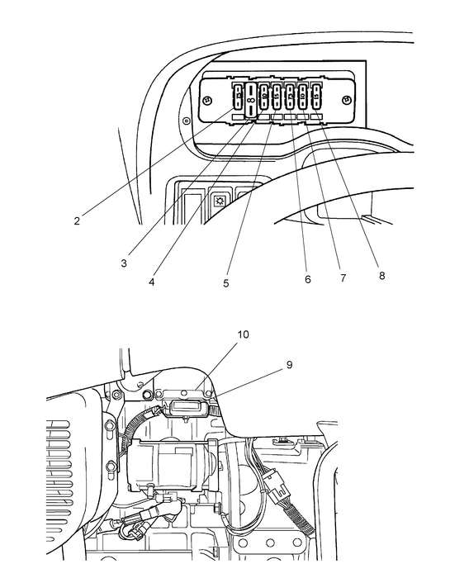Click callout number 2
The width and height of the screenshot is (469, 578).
[76, 220]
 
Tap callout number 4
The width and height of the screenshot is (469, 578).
[153, 282]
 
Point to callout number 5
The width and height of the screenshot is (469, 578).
[225, 283]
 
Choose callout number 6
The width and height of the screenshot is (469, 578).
[307, 280]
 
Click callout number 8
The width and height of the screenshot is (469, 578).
[381, 276]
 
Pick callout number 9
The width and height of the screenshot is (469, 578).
[290, 362]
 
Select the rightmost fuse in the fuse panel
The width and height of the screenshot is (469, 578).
[315, 98]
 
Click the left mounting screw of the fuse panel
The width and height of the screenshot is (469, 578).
[207, 100]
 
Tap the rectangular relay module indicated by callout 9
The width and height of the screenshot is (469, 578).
[188, 410]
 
